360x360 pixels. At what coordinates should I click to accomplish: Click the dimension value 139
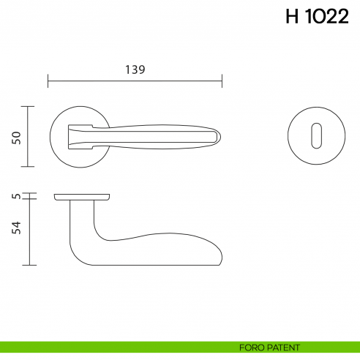135,70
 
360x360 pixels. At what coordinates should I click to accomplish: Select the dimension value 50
16,137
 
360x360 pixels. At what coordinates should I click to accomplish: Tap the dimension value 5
16,195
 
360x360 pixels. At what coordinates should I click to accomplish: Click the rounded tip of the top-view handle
217,136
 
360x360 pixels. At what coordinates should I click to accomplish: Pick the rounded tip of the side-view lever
219,254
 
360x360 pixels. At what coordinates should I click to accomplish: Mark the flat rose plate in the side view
82,198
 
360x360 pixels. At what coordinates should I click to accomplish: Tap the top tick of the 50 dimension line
28,107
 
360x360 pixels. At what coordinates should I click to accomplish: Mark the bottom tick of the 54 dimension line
28,265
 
